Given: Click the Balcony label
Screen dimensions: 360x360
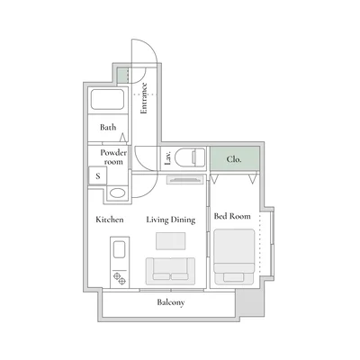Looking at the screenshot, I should [171, 302].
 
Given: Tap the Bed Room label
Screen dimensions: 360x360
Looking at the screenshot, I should [232, 217].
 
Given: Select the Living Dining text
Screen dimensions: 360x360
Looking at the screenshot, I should [171, 219].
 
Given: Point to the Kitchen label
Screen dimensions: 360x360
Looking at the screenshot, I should [110, 219].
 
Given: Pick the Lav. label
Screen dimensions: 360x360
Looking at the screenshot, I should [168, 158].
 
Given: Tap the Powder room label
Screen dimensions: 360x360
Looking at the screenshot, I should [113, 157].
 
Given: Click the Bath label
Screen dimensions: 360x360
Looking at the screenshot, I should [108, 128].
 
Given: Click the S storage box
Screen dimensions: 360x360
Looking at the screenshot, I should [98, 175].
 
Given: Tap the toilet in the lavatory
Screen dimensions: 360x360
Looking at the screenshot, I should [192, 157].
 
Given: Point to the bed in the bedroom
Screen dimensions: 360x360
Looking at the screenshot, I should [235, 253].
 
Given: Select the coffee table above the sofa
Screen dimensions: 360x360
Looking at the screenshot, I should [170, 241].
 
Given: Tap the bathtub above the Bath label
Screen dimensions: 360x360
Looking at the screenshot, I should [107, 101].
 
